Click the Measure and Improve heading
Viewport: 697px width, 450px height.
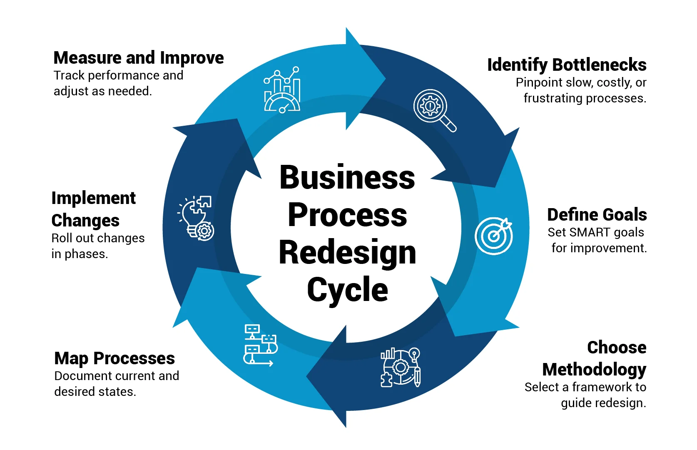pos(139,58)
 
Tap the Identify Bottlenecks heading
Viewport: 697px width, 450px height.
pos(566,65)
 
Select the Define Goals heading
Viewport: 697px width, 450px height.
pos(597,215)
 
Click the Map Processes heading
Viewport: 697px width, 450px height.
pos(115,358)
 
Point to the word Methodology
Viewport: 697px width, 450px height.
pos(594,369)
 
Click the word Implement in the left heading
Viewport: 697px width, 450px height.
pos(94,198)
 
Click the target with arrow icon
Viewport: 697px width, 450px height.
pos(494,236)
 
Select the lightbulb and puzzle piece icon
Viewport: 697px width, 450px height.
pos(197,218)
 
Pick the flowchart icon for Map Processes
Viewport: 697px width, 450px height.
pos(260,346)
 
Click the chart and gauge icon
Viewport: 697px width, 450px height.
pos(282,90)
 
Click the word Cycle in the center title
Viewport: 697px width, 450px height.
pos(347,290)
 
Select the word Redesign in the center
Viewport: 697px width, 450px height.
pos(347,252)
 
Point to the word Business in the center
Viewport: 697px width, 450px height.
pos(347,177)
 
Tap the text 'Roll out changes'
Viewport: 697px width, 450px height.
pos(98,238)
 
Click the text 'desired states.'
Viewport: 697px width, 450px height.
pos(95,392)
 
